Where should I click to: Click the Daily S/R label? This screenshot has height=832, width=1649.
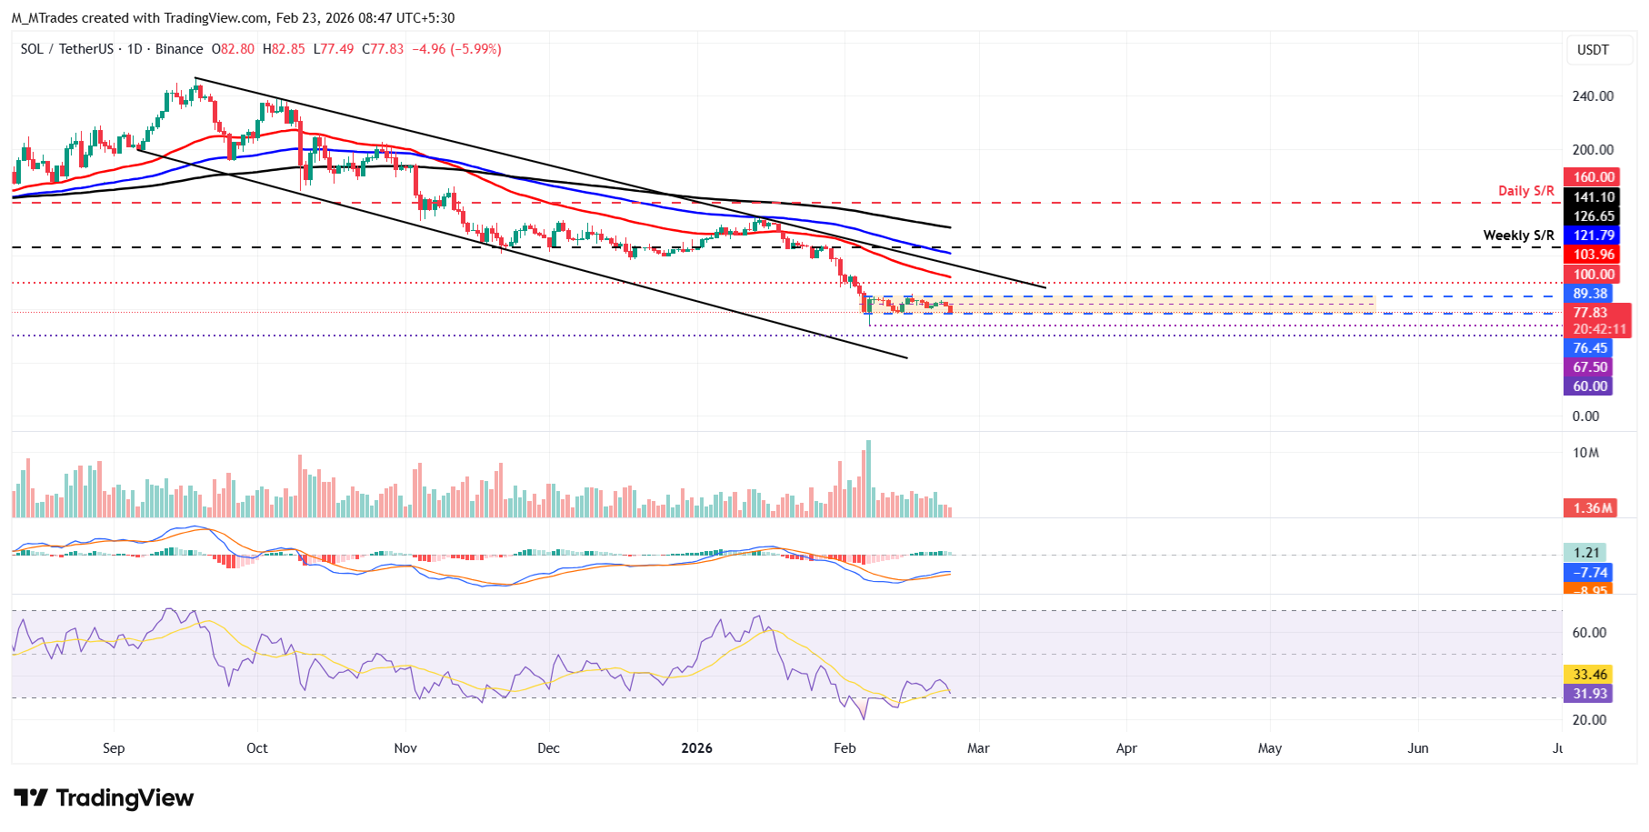[x=1525, y=191]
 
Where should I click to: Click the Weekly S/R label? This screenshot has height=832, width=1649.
[x=1518, y=236]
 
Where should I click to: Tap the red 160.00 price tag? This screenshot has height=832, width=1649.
[x=1593, y=177]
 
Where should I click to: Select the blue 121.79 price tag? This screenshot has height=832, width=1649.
[x=1593, y=236]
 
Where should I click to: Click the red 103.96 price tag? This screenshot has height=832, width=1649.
[x=1593, y=255]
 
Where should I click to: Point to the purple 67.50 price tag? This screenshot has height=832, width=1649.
[x=1589, y=367]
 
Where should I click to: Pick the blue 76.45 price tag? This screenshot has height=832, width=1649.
[x=1589, y=348]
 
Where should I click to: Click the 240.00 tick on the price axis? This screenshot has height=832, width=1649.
[x=1593, y=96]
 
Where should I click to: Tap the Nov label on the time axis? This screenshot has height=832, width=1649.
[x=405, y=748]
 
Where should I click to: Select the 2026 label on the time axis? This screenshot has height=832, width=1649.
[x=696, y=748]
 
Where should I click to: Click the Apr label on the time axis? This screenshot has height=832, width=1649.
[x=1126, y=748]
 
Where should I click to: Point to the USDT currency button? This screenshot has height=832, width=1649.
[x=1593, y=50]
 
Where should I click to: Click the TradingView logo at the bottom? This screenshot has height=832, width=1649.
[x=104, y=798]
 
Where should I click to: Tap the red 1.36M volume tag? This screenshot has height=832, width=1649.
[x=1593, y=508]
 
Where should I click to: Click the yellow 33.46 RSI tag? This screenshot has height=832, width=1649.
[x=1590, y=675]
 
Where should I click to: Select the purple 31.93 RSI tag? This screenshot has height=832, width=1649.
[x=1590, y=694]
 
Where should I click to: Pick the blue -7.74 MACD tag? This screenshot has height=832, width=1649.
[x=1590, y=573]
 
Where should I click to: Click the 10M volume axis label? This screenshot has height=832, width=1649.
[x=1585, y=453]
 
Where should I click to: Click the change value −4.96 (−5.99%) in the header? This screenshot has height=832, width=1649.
[x=456, y=49]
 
